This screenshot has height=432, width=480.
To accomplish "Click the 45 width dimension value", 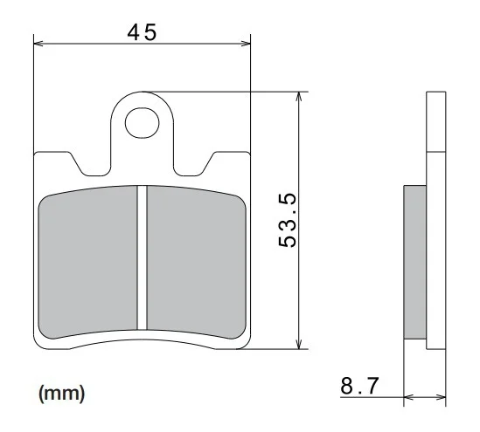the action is (142, 32).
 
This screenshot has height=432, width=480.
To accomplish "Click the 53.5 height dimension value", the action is (288, 220).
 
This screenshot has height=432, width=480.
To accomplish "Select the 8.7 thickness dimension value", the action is (359, 386).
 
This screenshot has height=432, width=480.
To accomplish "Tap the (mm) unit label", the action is (61, 394).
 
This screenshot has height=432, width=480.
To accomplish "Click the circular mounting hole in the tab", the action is (142, 122).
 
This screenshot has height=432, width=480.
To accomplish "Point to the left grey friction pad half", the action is (87, 262).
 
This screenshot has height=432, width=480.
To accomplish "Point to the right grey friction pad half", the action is (196, 262).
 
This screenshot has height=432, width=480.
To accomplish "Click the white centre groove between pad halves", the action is (142, 257).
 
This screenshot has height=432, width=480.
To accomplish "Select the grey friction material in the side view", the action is (415, 262).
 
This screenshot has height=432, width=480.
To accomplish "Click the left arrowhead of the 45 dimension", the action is (38, 44).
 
